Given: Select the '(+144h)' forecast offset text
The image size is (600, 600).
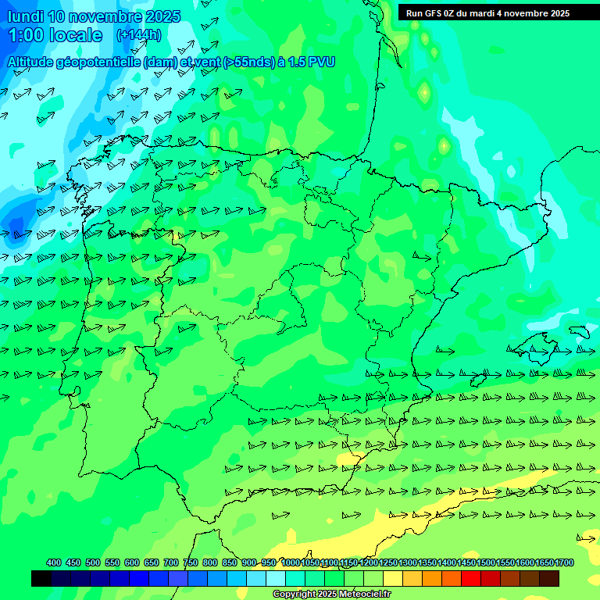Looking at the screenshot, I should click(x=139, y=35).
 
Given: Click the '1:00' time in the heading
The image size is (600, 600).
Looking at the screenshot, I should click(x=24, y=35).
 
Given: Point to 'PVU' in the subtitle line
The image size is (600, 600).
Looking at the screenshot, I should click(x=321, y=62).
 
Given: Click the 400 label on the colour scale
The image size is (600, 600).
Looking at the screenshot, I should click(x=54, y=562).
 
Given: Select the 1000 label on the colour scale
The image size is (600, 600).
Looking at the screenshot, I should click(x=291, y=562).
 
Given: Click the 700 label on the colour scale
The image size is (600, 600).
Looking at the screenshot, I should click(x=171, y=562).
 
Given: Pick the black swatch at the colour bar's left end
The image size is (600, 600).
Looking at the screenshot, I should click(x=41, y=578).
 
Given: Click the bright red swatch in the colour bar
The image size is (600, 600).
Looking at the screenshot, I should click(x=471, y=578).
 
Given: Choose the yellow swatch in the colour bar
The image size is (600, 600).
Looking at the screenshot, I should click(x=393, y=578).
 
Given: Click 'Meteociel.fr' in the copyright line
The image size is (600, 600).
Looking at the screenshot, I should click(x=364, y=595).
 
